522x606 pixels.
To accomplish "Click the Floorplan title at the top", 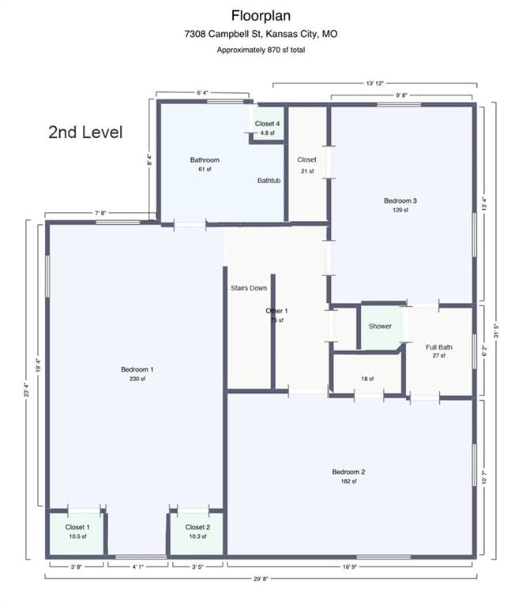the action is [x=261, y=16].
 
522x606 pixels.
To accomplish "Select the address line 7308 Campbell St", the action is [x=261, y=34].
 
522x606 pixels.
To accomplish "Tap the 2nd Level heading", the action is [x=85, y=133].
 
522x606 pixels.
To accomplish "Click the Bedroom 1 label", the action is [x=137, y=369].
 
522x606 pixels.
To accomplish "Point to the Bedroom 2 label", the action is [x=348, y=472].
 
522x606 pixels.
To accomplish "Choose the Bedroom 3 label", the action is [x=400, y=200].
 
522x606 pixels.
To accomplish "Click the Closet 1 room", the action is [x=76, y=533].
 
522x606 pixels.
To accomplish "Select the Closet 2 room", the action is [x=197, y=533].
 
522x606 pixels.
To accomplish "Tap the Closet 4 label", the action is [x=267, y=124].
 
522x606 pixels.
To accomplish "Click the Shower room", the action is [x=381, y=327].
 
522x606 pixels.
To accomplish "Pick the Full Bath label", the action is [x=439, y=347].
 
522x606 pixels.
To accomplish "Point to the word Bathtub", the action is [x=269, y=181].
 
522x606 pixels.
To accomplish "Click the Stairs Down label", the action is [x=249, y=288].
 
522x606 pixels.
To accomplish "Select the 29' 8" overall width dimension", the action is [x=261, y=579].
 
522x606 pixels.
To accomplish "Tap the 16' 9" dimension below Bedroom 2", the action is [x=349, y=567].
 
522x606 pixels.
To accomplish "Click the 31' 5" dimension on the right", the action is [x=496, y=331].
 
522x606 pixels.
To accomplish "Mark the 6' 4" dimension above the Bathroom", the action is [x=203, y=93].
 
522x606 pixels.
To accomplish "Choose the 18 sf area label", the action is [x=367, y=379].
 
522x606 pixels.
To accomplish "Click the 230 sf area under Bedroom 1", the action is [x=137, y=379].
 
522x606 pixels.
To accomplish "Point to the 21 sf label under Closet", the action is [x=307, y=170].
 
